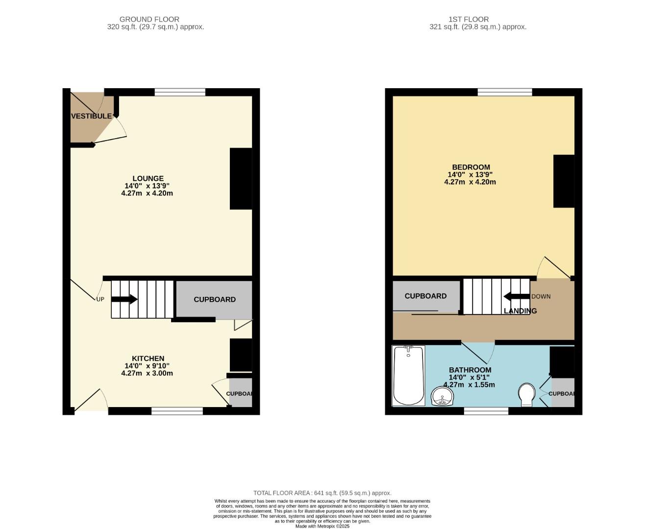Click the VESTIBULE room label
(x=92, y=116)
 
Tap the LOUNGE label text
(x=148, y=178)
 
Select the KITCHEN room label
(x=148, y=358)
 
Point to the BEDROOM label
(x=471, y=167)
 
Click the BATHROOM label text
(x=470, y=369)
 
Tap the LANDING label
(x=520, y=311)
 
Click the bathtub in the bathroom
(x=408, y=376)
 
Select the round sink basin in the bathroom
(x=442, y=396)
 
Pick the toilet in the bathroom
(x=527, y=395)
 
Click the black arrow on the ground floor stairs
(x=124, y=299)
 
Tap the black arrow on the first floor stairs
(x=517, y=296)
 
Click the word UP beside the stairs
(x=100, y=299)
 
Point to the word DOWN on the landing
(x=541, y=296)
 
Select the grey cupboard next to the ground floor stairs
(x=214, y=299)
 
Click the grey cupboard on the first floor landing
(x=426, y=296)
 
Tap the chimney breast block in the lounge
(x=241, y=179)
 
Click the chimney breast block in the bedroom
(x=564, y=181)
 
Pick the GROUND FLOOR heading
(x=149, y=19)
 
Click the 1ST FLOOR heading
(x=469, y=19)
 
